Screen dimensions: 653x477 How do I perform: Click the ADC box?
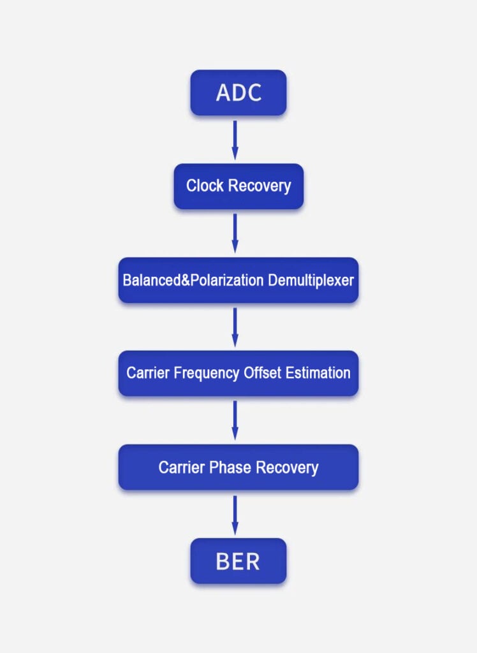coord(238,92)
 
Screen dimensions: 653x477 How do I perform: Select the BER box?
coord(238,561)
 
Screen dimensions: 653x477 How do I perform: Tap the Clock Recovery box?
coord(238,186)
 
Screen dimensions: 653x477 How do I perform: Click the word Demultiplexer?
coord(311,280)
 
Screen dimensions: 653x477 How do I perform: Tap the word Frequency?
coord(205,373)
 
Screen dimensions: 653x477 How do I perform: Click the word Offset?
coord(261,373)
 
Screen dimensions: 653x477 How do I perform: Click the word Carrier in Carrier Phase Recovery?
coord(181,467)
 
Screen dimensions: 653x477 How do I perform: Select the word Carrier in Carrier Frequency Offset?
coord(149,373)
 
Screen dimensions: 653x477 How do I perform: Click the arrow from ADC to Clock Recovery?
coord(235,140)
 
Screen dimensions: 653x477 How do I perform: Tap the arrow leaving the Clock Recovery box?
coord(235,233)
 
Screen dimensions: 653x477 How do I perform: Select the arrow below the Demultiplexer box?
coord(235,326)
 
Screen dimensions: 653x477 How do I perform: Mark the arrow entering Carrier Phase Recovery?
coord(235,420)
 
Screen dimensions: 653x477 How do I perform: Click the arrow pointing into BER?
coord(235,515)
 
